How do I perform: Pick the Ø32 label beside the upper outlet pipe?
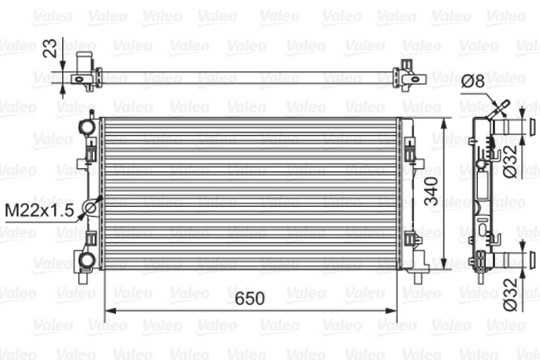click(x=509, y=162)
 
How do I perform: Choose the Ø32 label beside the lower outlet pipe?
click(x=509, y=294)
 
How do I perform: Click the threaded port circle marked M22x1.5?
click(x=89, y=210)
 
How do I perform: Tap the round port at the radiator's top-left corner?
click(x=86, y=124)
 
